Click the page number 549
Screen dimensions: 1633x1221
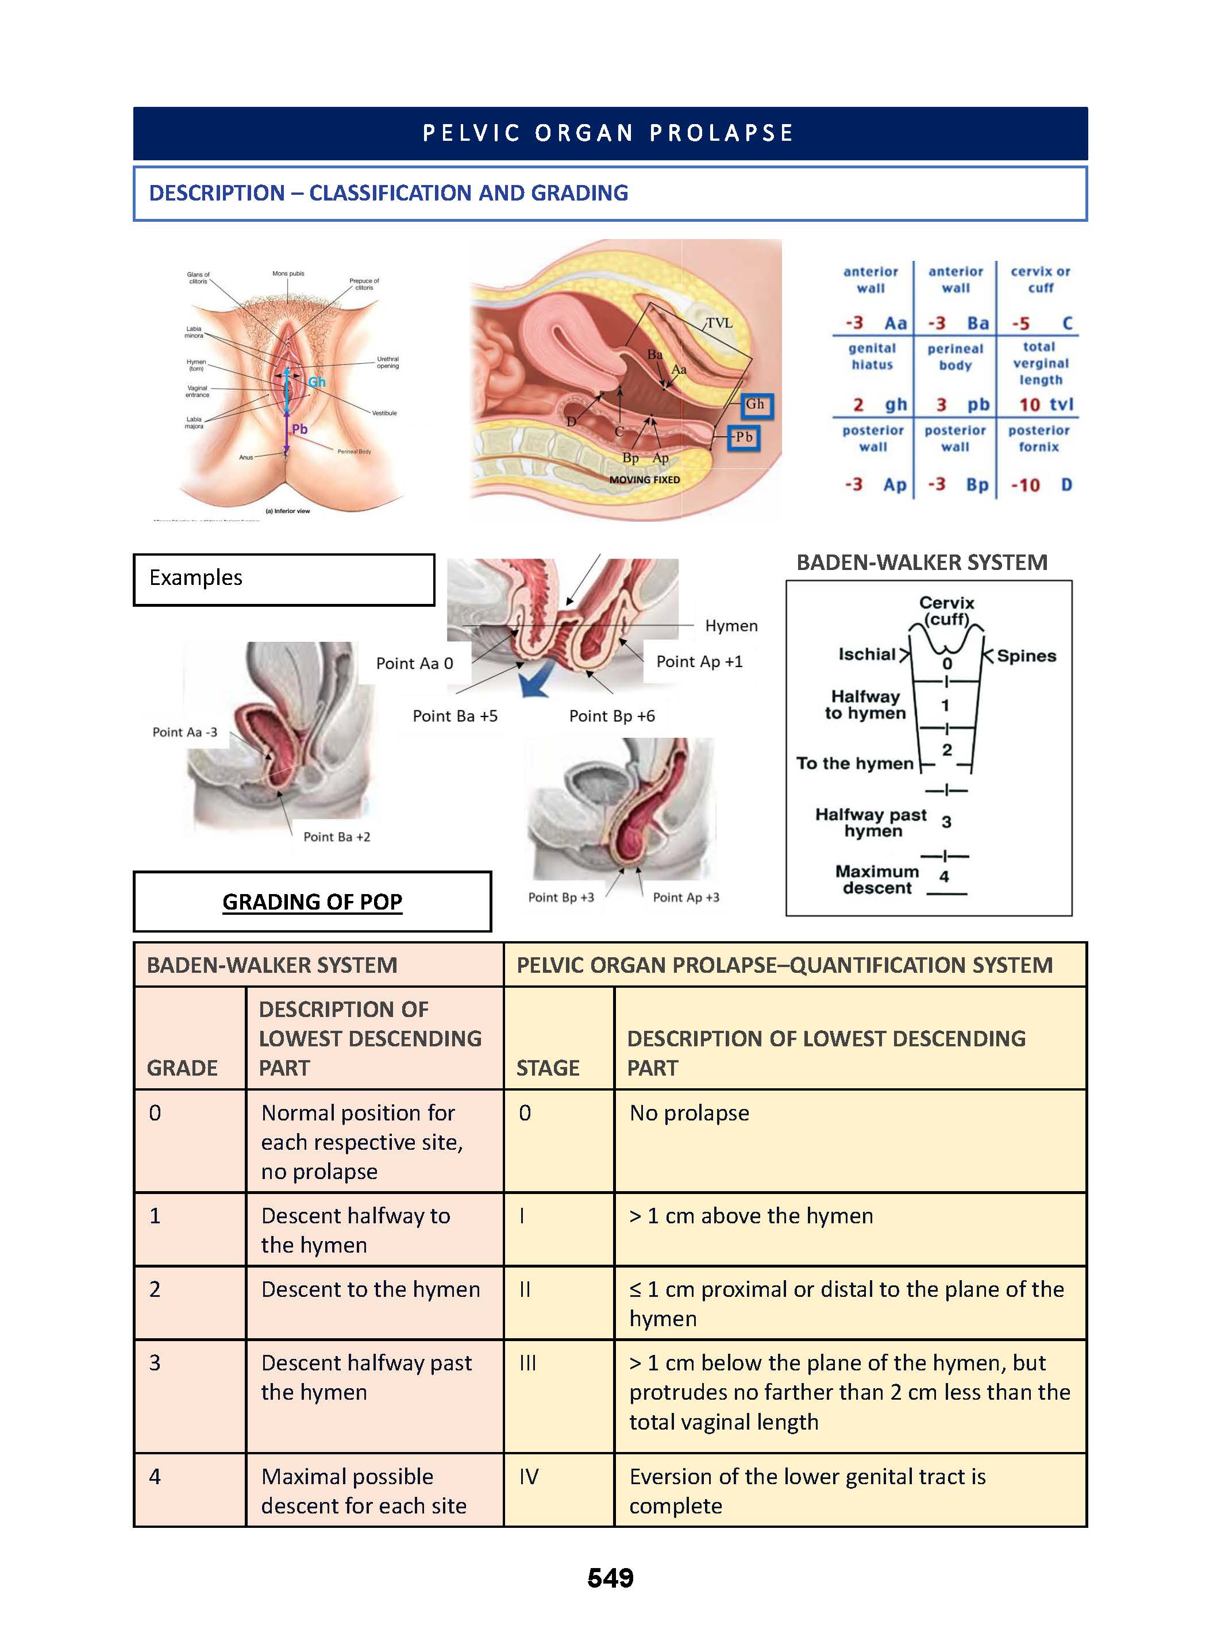point(610,1578)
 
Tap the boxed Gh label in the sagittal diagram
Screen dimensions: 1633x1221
point(755,405)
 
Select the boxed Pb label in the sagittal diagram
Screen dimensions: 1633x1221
point(744,437)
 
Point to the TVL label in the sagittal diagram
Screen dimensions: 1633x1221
point(718,322)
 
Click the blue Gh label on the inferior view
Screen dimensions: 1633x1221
point(317,382)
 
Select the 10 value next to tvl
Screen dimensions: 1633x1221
point(1029,405)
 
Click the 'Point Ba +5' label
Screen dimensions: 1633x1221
point(454,715)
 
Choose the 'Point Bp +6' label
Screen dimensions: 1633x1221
point(611,715)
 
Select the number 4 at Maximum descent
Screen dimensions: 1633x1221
point(943,876)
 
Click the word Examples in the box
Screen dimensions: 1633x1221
point(195,577)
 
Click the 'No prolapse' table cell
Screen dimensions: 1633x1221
point(689,1112)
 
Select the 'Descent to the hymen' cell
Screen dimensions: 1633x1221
point(371,1289)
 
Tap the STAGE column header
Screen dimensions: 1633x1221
point(547,1068)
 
